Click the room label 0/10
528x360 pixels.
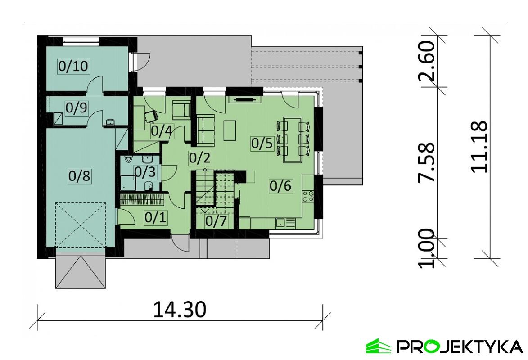coord(72,67)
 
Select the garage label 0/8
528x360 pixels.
coord(79,176)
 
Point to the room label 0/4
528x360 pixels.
coord(161,131)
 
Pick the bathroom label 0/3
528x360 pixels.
coord(145,171)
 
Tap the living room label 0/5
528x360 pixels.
coord(262,144)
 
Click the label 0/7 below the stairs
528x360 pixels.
coord(216,221)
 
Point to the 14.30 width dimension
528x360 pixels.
coord(180,309)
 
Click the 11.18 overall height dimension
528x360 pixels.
coord(478,147)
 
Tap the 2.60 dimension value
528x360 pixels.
coord(426,60)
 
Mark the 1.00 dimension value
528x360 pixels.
coord(426,249)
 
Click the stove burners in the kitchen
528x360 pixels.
coord(308,196)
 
